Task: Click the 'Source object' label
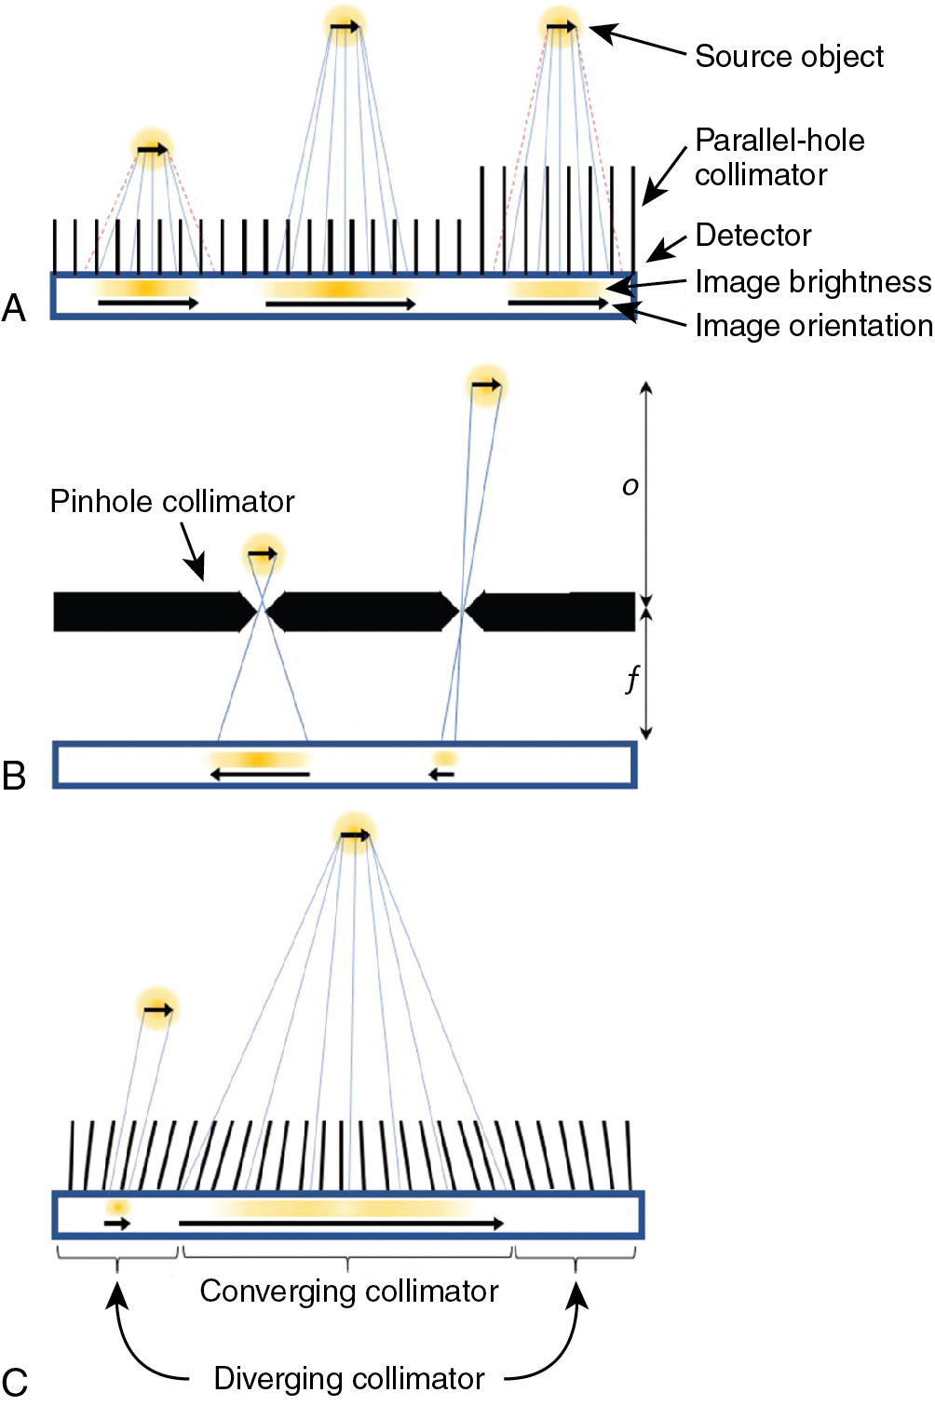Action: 789,57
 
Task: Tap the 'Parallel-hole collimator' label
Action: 779,157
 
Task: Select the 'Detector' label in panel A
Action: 752,236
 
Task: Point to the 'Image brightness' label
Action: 813,281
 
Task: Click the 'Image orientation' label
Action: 813,326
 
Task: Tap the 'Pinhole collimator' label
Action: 172,501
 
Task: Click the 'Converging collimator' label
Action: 349,1291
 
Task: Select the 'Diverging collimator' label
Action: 349,1379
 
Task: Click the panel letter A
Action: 14,307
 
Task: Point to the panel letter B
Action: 14,775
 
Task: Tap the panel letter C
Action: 14,1382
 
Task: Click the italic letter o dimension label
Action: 630,486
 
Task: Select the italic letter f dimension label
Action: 632,678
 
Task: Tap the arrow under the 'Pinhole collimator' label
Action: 192,551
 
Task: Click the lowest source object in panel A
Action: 152,148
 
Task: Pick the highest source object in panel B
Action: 486,385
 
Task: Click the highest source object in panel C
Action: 355,833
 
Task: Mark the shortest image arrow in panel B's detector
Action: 443,773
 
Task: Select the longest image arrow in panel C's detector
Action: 341,1223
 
